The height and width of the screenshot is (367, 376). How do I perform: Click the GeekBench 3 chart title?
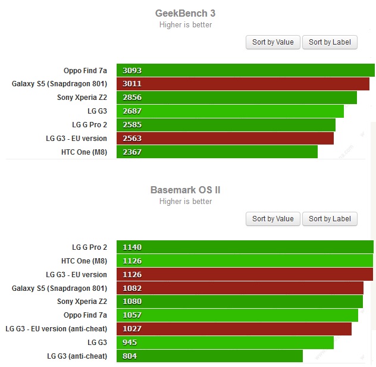click(x=184, y=13)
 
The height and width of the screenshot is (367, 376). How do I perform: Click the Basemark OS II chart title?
click(x=185, y=190)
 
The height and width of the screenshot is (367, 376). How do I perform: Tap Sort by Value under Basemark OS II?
click(x=272, y=219)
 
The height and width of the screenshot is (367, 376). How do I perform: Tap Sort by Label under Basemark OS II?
click(x=330, y=219)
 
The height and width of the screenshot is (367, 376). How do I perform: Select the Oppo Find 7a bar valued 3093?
click(x=245, y=70)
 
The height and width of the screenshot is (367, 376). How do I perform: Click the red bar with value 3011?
click(x=243, y=84)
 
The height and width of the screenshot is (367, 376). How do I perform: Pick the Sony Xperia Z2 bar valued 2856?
click(x=236, y=98)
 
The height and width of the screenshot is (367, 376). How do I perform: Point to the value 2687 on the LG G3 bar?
click(x=132, y=111)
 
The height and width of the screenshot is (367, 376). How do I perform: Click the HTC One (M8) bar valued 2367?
click(x=217, y=152)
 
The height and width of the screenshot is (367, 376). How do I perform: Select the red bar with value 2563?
click(x=225, y=139)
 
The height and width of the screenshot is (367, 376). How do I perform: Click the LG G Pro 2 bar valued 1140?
click(x=245, y=247)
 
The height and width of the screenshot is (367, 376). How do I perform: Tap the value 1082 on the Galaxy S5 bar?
click(x=132, y=288)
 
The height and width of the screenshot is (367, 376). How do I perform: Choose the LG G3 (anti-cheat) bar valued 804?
click(x=209, y=356)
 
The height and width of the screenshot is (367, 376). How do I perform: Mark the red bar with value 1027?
click(x=234, y=329)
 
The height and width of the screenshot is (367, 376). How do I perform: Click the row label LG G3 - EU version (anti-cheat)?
click(x=56, y=329)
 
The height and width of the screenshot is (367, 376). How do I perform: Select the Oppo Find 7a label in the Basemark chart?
click(x=85, y=315)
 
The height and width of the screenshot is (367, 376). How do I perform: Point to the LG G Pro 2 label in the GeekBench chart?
click(x=89, y=125)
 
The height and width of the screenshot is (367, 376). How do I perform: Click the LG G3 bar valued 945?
click(x=225, y=343)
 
